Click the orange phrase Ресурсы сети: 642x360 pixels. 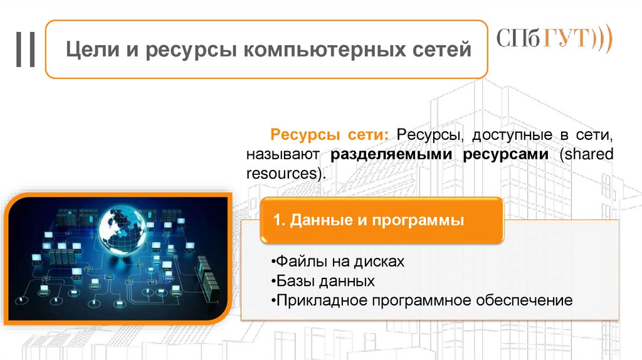pyautogui.click(x=329, y=135)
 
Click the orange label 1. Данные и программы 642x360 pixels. pyautogui.click(x=369, y=221)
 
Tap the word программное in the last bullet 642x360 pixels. pyautogui.click(x=420, y=300)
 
